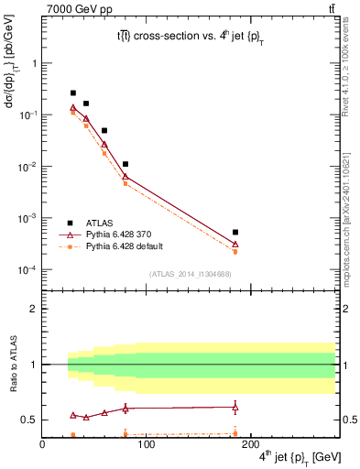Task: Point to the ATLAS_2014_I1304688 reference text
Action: point(189,273)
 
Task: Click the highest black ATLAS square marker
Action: point(73,93)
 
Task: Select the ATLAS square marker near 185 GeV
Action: point(235,233)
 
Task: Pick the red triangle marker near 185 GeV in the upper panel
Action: point(235,244)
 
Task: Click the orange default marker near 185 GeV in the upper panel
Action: point(235,251)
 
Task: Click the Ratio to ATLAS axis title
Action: point(14,365)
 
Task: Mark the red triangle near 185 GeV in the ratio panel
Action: point(235,407)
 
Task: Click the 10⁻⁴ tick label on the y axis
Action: point(27,270)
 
